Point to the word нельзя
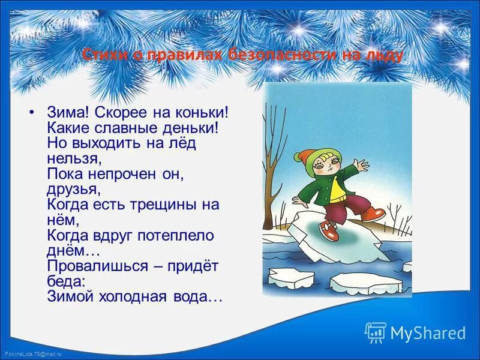(71, 158)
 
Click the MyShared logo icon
(376, 332)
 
